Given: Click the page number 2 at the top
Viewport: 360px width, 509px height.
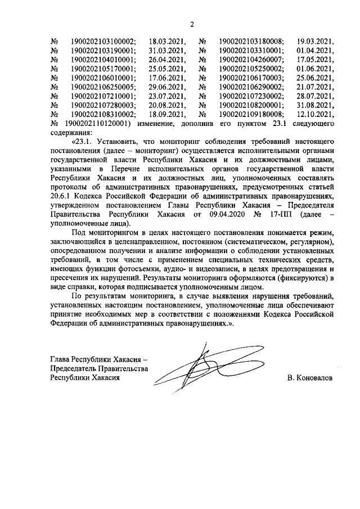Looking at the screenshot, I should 191,24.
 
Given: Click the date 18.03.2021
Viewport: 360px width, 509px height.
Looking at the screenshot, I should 168,41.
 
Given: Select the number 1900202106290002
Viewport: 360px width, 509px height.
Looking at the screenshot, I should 251,87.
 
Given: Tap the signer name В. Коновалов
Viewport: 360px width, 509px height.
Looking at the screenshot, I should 309,379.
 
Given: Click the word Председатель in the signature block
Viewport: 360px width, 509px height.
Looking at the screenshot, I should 73,369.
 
